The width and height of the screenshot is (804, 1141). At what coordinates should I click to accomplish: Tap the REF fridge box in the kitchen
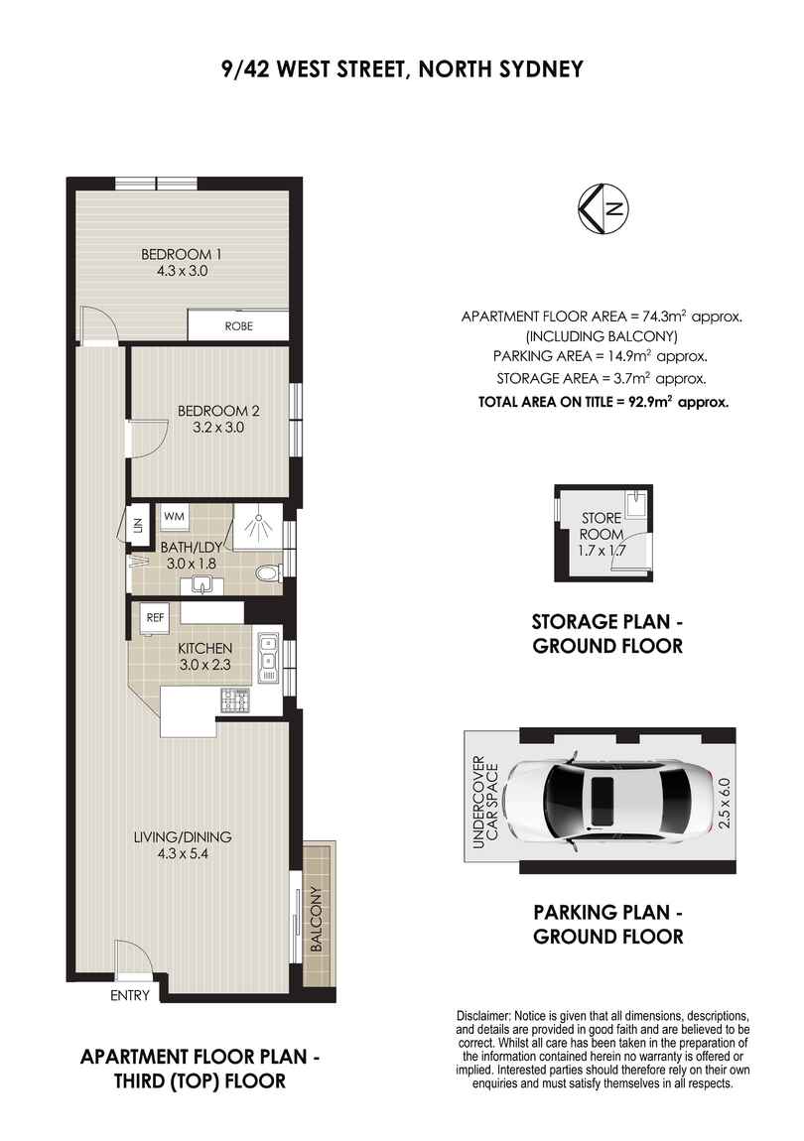[153, 616]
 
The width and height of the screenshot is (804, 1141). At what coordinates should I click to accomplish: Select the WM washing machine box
[175, 517]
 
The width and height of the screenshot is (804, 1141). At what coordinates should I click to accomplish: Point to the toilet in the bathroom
[265, 573]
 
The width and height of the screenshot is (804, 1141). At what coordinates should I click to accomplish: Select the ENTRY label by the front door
[130, 995]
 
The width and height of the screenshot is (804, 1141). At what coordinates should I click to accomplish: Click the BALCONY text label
[317, 919]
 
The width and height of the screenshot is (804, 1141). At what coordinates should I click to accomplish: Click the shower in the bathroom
[256, 528]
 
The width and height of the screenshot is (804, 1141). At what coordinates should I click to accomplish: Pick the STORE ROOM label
[602, 525]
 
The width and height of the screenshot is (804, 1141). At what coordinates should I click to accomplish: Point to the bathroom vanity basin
[206, 585]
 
